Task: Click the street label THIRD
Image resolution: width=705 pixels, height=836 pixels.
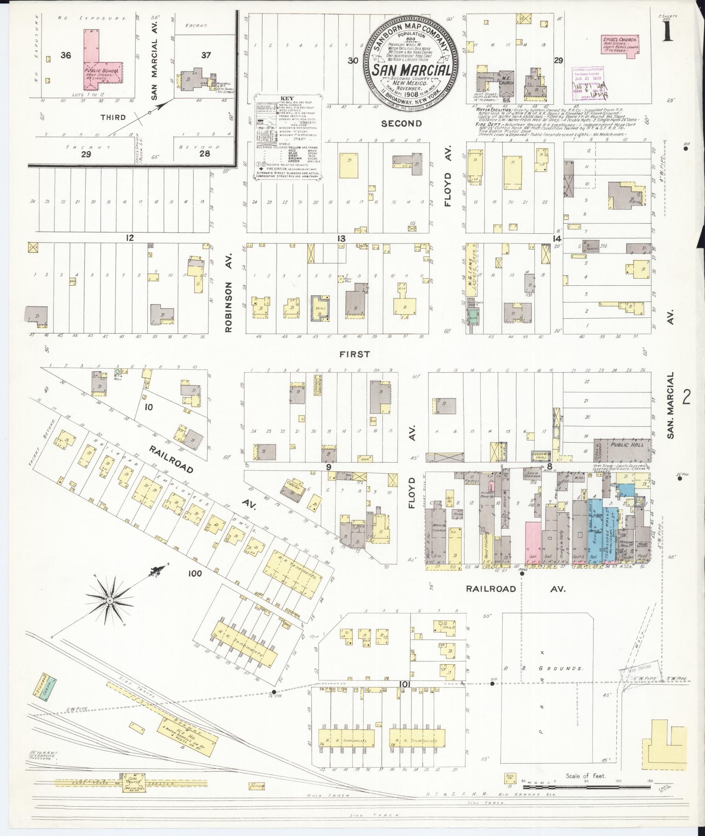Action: click(x=113, y=117)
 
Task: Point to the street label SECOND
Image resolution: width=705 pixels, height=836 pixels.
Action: click(x=401, y=124)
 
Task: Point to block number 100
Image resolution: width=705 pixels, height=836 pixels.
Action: click(x=194, y=573)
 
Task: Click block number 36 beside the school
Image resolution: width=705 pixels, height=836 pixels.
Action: click(x=66, y=56)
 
